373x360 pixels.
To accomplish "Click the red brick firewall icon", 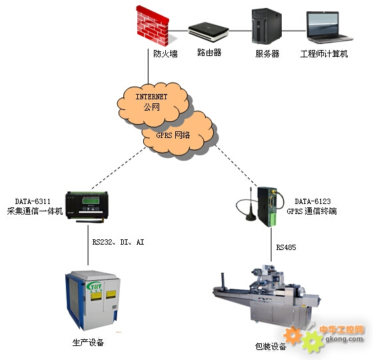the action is pos(153,26).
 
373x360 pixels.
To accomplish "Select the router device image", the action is pos(208,32).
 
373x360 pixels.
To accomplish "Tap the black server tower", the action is pos(266,26).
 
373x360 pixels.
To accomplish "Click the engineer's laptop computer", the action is pos(329,27).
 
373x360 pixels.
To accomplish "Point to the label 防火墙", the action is pos(165,53).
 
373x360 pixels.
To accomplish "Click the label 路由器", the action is pos(209,53).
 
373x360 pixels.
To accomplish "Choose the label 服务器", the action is pos(267,53).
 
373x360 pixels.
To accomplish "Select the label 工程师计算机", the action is pos(324,53).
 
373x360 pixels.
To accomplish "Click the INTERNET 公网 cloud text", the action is pos(152,101).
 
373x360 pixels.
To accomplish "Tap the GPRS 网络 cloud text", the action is pos(173,135).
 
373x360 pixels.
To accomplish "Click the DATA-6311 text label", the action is pos(33,201).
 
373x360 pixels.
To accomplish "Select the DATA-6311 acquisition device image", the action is pos(87,207).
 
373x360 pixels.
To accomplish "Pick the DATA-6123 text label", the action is pos(312,201).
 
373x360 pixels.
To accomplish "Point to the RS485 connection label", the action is pos(286,247).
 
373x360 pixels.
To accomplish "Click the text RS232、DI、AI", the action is pos(119,242).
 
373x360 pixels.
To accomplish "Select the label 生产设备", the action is pos(88,343).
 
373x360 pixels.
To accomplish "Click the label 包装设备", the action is pos(270,347).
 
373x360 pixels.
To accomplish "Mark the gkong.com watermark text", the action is pos(344,339).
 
